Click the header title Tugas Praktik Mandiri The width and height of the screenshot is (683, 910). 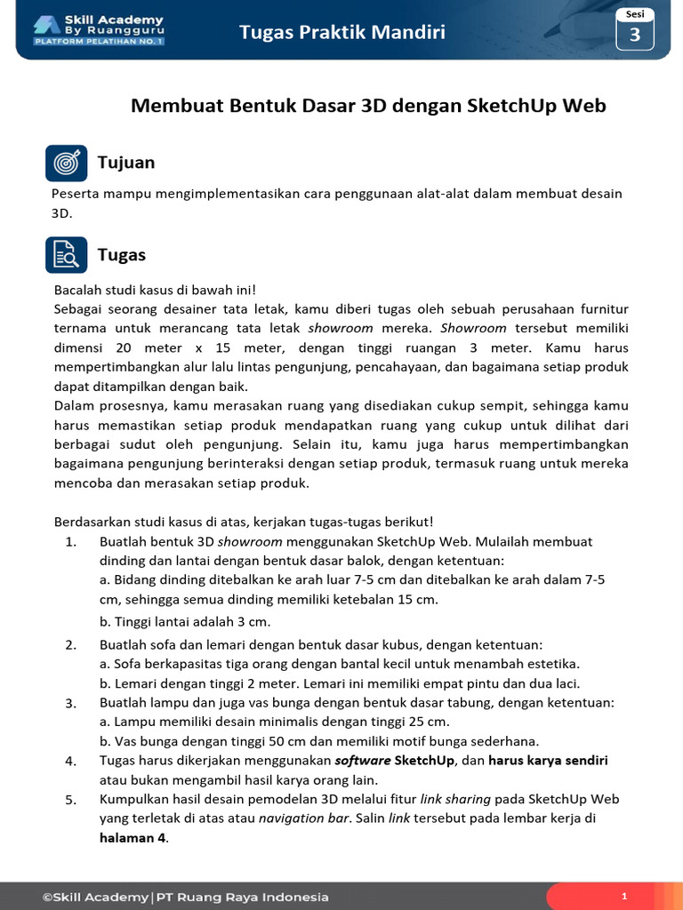[x=342, y=33]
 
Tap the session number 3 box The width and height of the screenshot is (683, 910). [x=635, y=36]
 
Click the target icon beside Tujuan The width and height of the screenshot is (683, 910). [x=66, y=163]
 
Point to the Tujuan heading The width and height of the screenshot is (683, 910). [x=126, y=162]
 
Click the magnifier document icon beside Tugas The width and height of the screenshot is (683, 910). [x=66, y=255]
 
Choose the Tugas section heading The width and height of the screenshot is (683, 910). [x=121, y=255]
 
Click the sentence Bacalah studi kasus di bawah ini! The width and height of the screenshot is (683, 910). [x=155, y=290]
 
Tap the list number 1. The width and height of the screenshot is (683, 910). [x=71, y=541]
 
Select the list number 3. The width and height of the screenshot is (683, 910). [x=71, y=703]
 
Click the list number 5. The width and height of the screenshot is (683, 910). [x=71, y=800]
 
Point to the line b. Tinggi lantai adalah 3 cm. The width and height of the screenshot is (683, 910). [x=185, y=621]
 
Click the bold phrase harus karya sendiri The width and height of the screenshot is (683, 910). [x=548, y=761]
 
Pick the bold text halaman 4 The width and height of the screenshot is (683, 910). [x=133, y=838]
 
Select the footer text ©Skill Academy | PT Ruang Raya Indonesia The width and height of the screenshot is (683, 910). [x=185, y=897]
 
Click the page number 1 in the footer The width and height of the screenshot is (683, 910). [x=624, y=897]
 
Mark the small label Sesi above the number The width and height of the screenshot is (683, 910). [x=635, y=14]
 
